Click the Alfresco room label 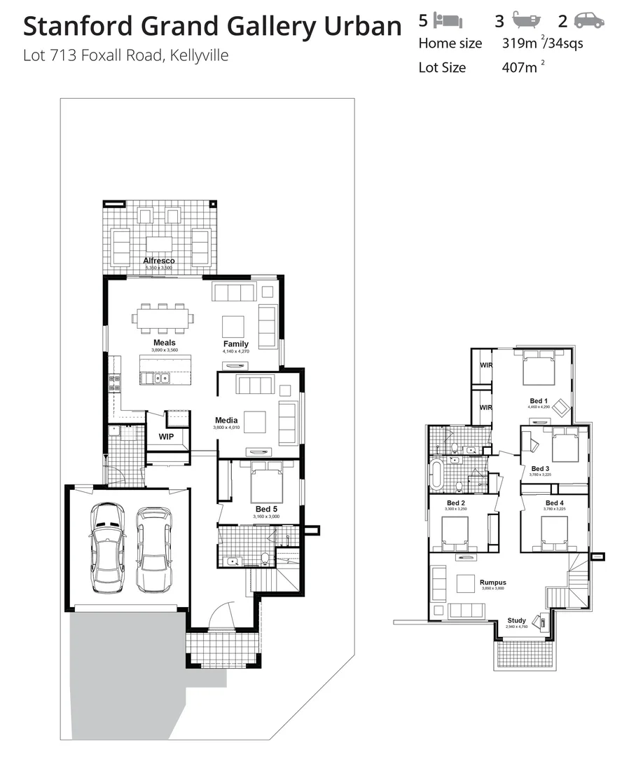click(158, 261)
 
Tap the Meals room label click(164, 343)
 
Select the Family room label click(236, 343)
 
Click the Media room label click(226, 421)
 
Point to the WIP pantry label click(166, 437)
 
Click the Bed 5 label click(265, 509)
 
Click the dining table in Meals click(163, 318)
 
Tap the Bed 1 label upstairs click(539, 401)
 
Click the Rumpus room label click(493, 582)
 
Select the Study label click(516, 620)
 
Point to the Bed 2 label click(456, 503)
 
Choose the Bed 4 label click(554, 503)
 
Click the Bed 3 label click(539, 468)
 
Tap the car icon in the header click(588, 20)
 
